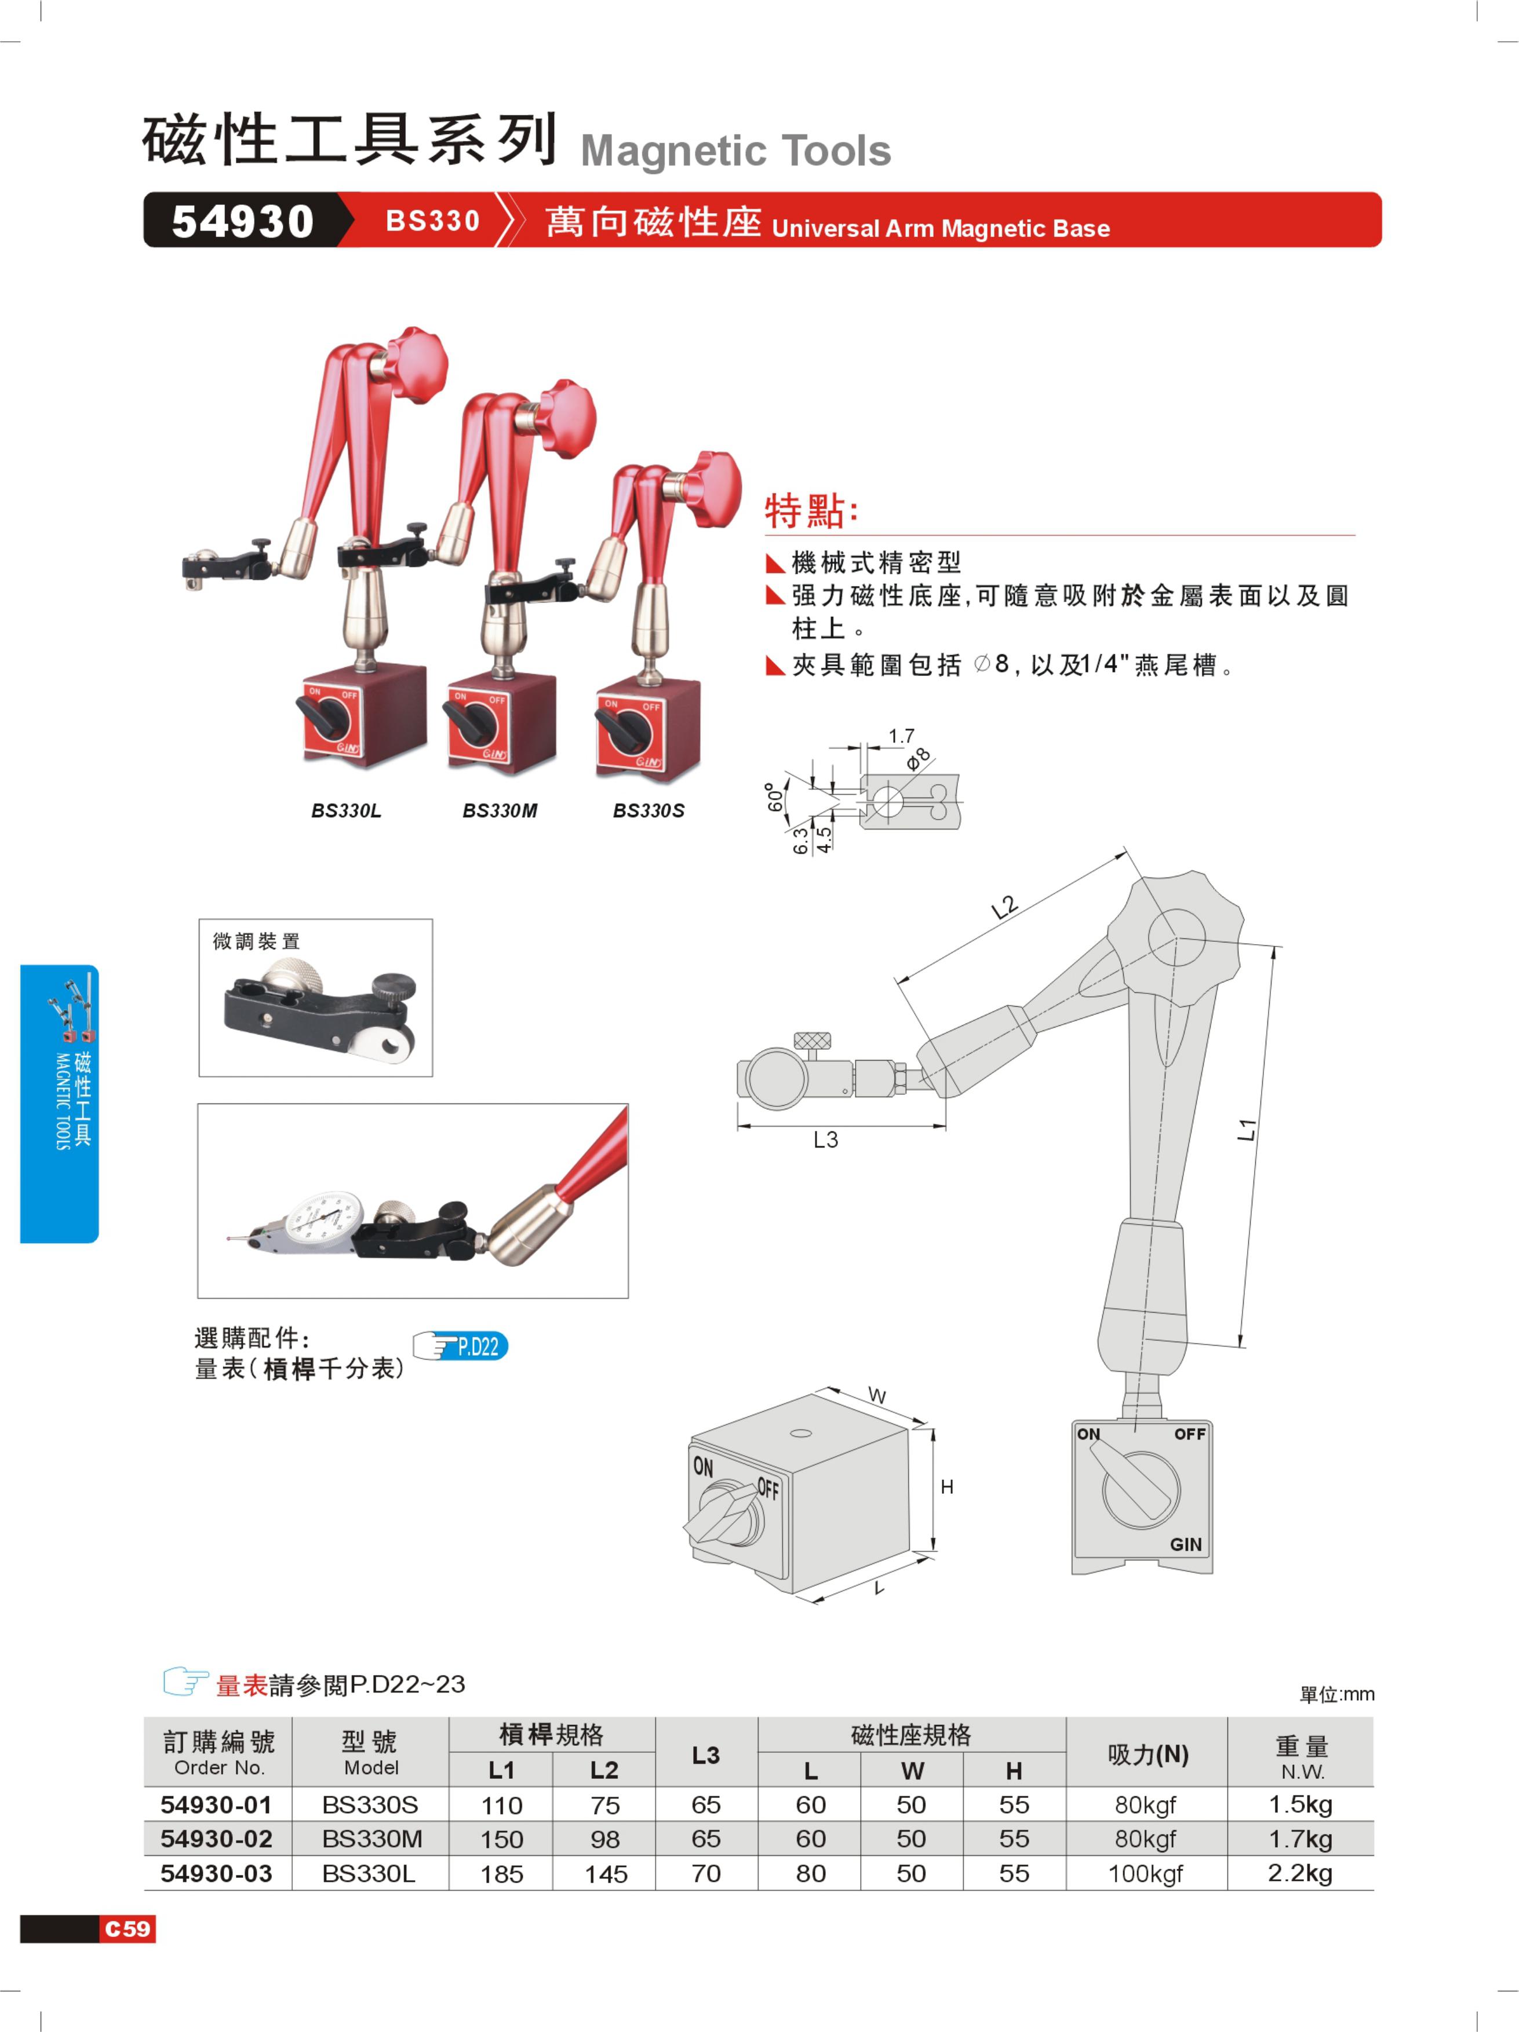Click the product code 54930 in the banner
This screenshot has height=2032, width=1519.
[x=243, y=221]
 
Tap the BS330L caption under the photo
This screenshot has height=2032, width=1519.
[x=345, y=810]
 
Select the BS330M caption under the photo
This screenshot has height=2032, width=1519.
[x=500, y=810]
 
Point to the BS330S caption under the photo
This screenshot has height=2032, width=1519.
[x=649, y=810]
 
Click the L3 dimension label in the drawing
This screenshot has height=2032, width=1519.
[x=825, y=1140]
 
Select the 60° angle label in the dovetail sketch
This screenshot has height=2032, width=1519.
[x=775, y=798]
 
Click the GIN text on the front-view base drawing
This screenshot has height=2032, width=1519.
[x=1185, y=1544]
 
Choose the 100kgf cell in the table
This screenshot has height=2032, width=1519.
[x=1145, y=1874]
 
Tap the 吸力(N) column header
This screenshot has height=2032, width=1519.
[x=1148, y=1755]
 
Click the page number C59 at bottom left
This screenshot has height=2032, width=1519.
[x=128, y=1928]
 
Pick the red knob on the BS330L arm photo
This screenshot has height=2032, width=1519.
[x=416, y=363]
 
